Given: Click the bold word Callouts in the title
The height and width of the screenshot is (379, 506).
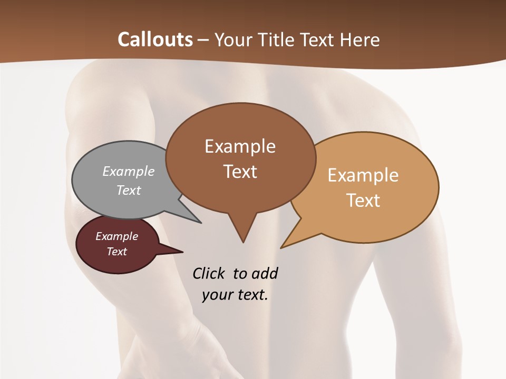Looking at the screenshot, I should (x=155, y=39).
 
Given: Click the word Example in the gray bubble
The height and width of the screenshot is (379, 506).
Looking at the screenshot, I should (x=129, y=171).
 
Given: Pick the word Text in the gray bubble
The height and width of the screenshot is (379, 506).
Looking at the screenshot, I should (x=129, y=190).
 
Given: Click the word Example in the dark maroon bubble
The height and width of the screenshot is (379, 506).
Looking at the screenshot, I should (x=116, y=236).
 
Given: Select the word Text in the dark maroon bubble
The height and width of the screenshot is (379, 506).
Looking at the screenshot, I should (x=116, y=252).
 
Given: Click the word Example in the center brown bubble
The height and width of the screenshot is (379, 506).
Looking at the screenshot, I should (x=240, y=146).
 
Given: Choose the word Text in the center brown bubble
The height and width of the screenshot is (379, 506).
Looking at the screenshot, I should (x=240, y=171).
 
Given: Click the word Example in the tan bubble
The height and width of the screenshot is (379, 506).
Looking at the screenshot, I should (x=363, y=175).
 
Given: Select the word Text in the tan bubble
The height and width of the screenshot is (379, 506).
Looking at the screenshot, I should (x=363, y=200).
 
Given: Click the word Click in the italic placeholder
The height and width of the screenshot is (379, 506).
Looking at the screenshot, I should (x=209, y=273).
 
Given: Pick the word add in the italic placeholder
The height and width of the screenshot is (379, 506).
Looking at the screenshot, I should (x=264, y=273).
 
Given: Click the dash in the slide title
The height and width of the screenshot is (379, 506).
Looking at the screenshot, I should (x=203, y=40).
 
